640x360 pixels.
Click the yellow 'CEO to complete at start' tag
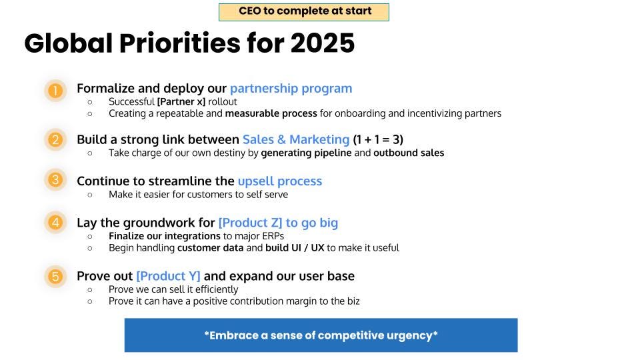(304, 12)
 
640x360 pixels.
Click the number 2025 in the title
(323, 43)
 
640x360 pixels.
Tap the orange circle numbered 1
(55, 90)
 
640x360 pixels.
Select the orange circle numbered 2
(55, 139)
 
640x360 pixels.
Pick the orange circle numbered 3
(55, 179)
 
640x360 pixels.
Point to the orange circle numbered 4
(55, 222)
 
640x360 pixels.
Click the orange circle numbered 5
(55, 276)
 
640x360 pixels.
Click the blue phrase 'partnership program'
(291, 89)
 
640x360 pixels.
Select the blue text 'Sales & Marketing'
(296, 139)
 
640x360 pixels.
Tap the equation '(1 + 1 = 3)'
(378, 139)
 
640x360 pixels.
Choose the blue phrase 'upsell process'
(280, 181)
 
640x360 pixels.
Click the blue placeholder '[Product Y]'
(168, 276)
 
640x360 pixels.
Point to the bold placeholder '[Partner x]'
(181, 101)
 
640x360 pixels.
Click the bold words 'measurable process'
(271, 113)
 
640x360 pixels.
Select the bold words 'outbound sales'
(409, 153)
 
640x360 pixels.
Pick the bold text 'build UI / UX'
(295, 248)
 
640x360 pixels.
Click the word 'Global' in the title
(69, 43)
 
